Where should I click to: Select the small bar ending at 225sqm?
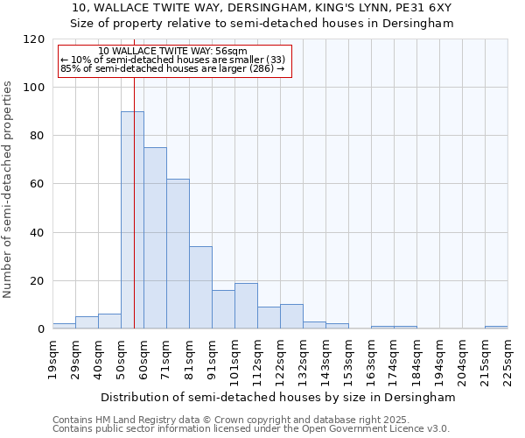click(496, 328)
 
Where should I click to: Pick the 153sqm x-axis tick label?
click(348, 359)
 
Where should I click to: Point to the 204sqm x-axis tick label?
click(462, 359)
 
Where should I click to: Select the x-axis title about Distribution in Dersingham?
click(279, 397)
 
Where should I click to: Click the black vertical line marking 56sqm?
click(134, 201)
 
